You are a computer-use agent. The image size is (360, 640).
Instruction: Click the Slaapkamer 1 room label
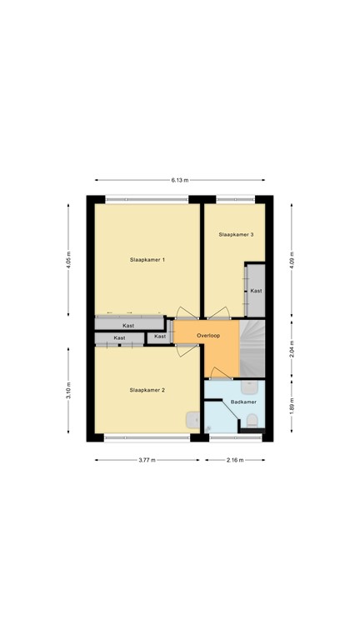point(147,261)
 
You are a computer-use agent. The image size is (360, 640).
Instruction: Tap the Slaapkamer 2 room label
point(147,390)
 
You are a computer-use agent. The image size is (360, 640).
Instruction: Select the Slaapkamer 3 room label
point(236,235)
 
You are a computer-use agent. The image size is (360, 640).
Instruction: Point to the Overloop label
point(207,336)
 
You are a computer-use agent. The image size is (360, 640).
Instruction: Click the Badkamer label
point(243,402)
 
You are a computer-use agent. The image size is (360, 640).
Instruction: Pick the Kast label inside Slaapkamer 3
point(256,291)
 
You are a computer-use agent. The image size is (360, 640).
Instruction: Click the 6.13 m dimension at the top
point(180,180)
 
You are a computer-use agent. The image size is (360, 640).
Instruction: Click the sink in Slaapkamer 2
point(192,420)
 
